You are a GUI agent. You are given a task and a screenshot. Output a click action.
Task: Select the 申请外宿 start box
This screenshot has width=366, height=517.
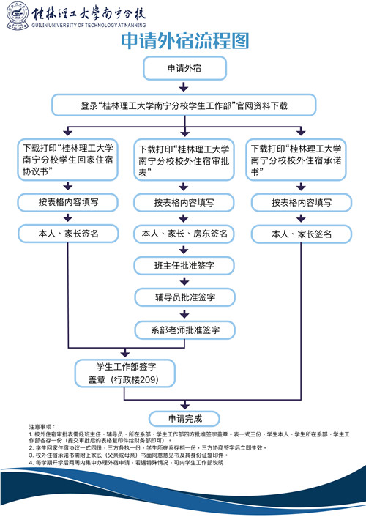[184, 69]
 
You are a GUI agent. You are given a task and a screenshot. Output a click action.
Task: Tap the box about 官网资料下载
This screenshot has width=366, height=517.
[184, 105]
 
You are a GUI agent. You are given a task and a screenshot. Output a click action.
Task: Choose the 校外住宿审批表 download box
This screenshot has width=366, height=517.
[184, 160]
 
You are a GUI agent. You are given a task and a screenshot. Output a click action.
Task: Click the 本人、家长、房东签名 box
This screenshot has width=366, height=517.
[184, 234]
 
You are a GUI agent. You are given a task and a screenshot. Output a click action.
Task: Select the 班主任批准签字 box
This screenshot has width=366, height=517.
[184, 266]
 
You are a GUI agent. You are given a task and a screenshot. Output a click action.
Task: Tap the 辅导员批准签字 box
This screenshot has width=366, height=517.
[184, 297]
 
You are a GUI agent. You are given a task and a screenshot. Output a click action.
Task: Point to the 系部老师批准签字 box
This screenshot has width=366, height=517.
[184, 330]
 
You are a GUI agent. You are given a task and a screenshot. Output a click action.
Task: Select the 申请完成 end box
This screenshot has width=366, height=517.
[184, 420]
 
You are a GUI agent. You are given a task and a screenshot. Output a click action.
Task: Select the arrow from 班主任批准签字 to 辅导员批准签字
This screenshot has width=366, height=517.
[184, 282]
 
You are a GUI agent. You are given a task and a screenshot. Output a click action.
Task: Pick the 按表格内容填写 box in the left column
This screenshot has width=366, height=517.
[67, 202]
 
